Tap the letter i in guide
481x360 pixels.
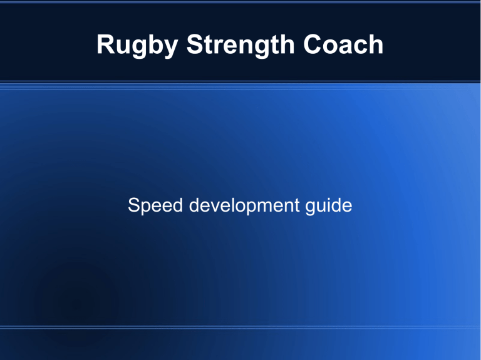click(x=328, y=205)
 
